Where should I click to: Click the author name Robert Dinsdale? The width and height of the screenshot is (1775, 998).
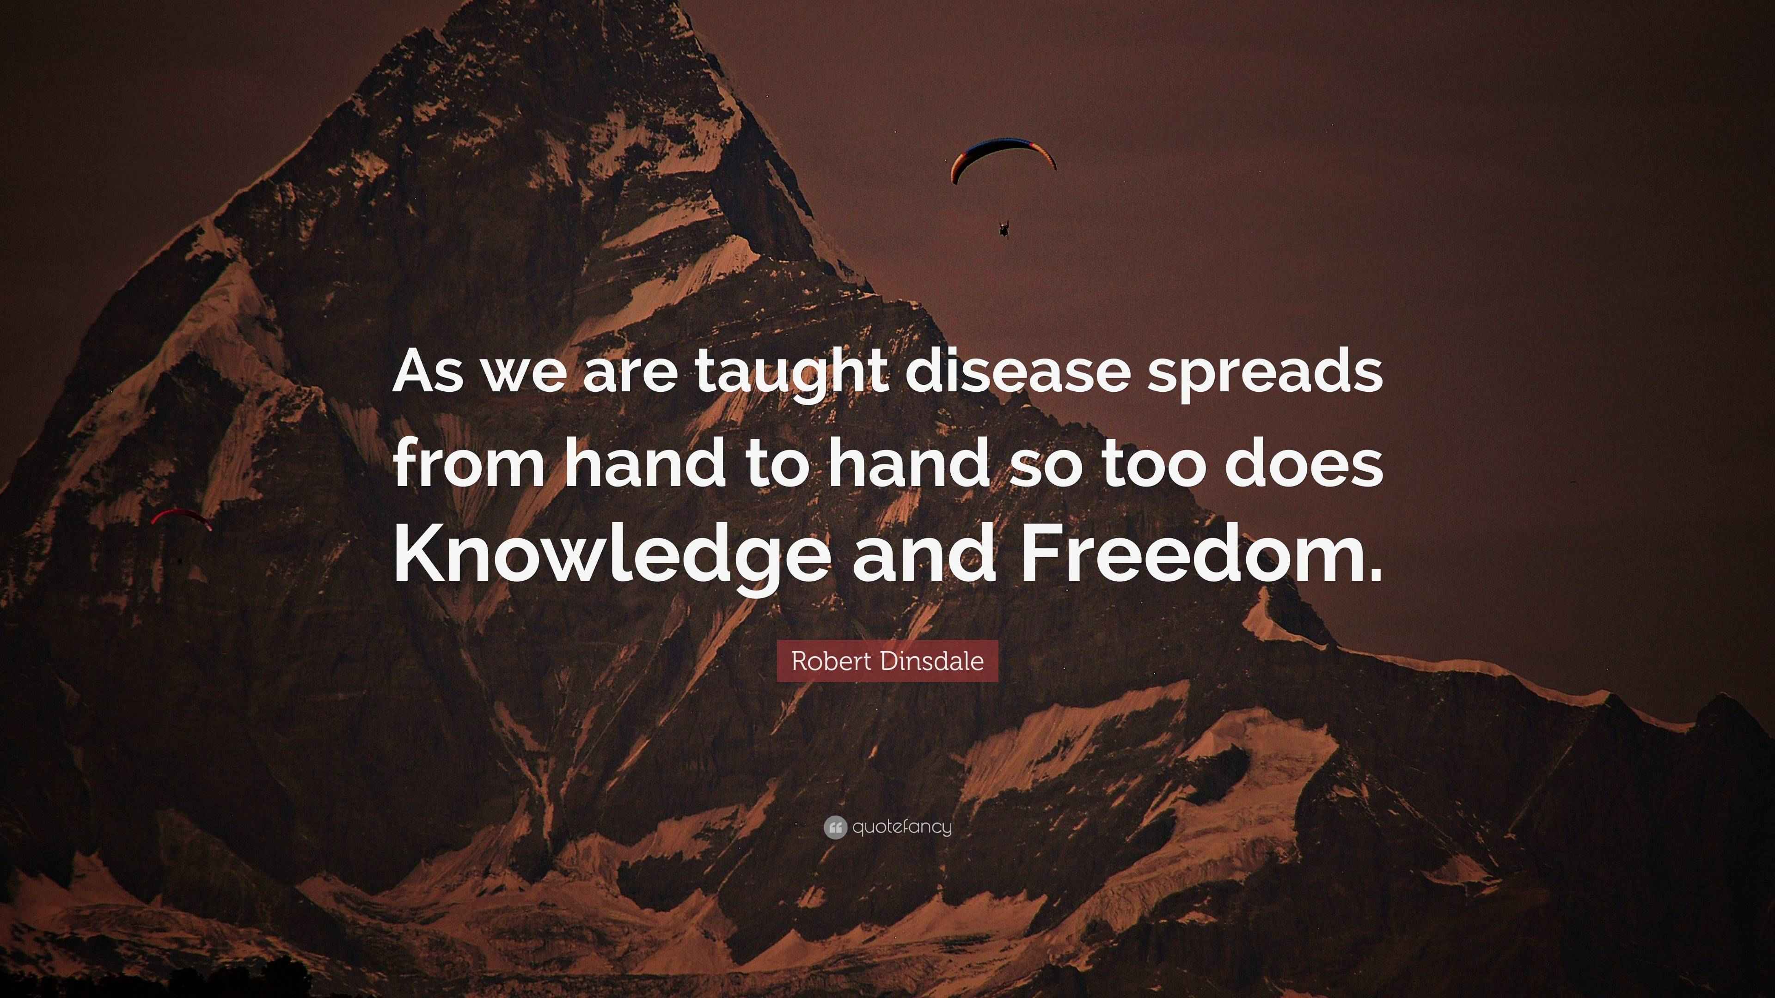[x=887, y=661]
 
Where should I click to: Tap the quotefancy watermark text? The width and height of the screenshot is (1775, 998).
[x=902, y=827]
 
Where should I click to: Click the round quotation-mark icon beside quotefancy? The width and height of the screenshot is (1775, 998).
[x=835, y=827]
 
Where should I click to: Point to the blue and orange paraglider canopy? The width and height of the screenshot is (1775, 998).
[x=1003, y=159]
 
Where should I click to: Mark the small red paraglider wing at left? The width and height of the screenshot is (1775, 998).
[x=181, y=517]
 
